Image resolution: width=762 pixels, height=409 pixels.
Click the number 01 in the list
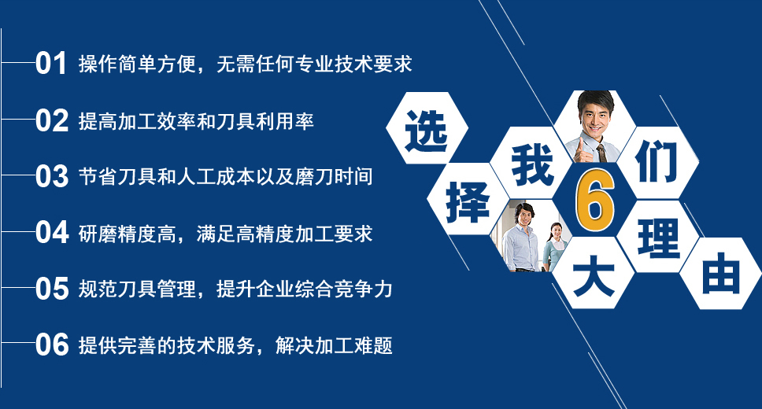pyautogui.click(x=51, y=64)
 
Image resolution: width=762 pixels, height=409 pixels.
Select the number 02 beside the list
pyautogui.click(x=51, y=120)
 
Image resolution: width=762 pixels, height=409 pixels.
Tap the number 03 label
pyautogui.click(x=51, y=176)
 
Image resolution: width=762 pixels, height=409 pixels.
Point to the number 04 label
pyautogui.click(x=51, y=233)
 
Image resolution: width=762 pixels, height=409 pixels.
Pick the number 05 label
pyautogui.click(x=51, y=289)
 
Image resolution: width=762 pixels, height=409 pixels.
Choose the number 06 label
pyautogui.click(x=51, y=345)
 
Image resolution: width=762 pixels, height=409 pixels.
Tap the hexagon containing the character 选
pyautogui.click(x=427, y=128)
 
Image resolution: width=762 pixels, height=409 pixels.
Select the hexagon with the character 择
pyautogui.click(x=468, y=200)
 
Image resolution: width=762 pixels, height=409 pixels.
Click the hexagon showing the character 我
pyautogui.click(x=531, y=164)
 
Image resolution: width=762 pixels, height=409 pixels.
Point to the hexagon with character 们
pyautogui.click(x=657, y=163)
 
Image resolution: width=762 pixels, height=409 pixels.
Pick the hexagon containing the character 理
pyautogui.click(x=657, y=237)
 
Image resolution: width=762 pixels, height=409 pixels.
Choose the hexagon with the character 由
pyautogui.click(x=720, y=274)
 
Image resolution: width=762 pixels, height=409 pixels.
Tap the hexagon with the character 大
pyautogui.click(x=594, y=273)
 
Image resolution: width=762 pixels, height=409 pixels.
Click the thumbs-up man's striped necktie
pyautogui.click(x=601, y=153)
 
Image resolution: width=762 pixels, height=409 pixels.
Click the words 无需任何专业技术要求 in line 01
pyautogui.click(x=314, y=64)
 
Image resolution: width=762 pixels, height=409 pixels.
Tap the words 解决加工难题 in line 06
pyautogui.click(x=334, y=345)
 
